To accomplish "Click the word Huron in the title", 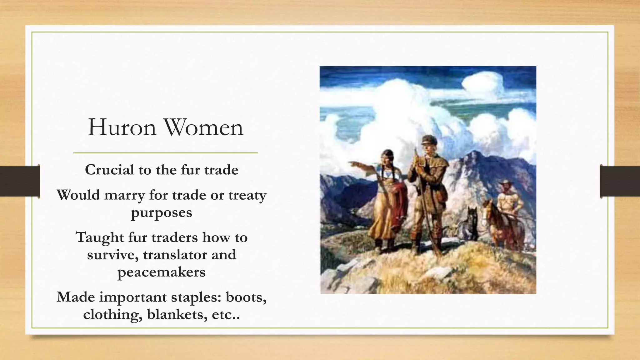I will click(122, 127).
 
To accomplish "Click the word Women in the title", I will click(203, 127).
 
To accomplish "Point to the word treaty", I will click(247, 196).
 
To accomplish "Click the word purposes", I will click(161, 213).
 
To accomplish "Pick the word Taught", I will click(100, 237).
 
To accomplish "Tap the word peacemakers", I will click(161, 272).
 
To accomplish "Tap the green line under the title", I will click(165, 153).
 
